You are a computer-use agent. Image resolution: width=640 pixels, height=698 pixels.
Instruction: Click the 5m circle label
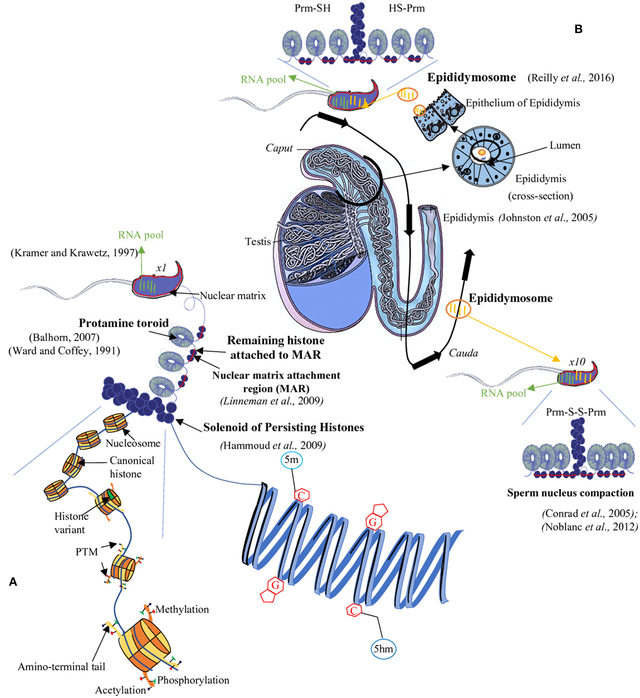coord(291,460)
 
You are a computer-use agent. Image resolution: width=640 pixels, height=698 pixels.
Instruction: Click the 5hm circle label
coord(383,649)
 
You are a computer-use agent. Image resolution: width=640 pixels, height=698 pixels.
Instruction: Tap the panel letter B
coord(578,29)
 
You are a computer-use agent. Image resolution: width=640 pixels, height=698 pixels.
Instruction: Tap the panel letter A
coord(13,582)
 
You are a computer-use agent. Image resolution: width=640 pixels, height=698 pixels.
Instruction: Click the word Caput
coord(279,148)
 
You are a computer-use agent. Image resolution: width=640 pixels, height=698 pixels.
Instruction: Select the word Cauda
coord(463,353)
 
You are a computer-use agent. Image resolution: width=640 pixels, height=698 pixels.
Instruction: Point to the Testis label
coord(258,241)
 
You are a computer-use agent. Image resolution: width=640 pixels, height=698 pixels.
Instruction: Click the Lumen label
coord(565,146)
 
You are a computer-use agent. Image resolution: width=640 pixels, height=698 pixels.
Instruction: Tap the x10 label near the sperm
coord(577,362)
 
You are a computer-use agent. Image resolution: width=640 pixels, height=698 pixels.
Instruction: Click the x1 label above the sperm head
coord(161,268)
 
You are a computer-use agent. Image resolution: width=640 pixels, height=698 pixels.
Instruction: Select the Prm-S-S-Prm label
coord(576,412)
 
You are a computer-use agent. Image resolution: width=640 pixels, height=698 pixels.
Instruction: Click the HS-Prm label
coord(406,8)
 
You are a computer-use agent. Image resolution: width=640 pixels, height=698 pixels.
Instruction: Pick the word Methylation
coord(182,609)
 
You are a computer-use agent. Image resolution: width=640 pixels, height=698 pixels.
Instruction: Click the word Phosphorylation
coord(193,680)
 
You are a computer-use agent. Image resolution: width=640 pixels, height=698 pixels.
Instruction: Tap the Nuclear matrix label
coord(233,296)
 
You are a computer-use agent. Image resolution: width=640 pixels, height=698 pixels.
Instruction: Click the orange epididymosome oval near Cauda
coord(458,309)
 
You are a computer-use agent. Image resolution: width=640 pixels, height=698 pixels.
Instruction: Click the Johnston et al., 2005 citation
coord(547,217)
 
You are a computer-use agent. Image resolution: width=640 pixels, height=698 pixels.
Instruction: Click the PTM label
coord(87,552)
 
